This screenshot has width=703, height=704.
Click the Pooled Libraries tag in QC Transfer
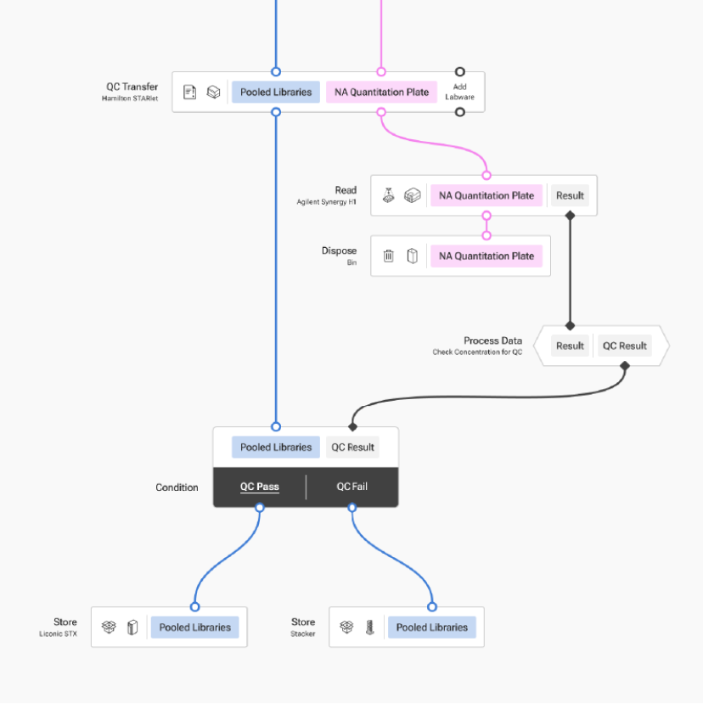[275, 92]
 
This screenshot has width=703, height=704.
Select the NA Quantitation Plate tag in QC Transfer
[381, 92]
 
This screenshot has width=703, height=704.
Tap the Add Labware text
[459, 92]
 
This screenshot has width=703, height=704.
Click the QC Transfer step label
[132, 87]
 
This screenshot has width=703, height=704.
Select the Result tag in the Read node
[570, 195]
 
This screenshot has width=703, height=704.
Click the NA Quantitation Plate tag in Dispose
[486, 256]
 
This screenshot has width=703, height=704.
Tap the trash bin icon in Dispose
[389, 256]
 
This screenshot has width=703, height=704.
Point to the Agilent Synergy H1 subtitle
[327, 202]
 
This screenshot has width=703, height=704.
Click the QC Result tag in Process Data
[624, 346]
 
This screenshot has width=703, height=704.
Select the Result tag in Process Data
[570, 346]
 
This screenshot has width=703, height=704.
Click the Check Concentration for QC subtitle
[477, 352]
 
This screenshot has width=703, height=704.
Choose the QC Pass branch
[260, 487]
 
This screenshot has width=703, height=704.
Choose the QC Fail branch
[351, 487]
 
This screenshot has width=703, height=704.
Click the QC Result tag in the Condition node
[352, 448]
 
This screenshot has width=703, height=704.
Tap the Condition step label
[177, 487]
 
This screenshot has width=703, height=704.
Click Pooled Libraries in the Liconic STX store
[194, 628]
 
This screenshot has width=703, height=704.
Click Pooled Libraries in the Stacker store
[432, 628]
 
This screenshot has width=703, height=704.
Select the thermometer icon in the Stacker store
[369, 628]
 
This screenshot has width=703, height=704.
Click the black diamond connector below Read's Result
[570, 216]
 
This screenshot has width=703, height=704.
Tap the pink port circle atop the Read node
[486, 176]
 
